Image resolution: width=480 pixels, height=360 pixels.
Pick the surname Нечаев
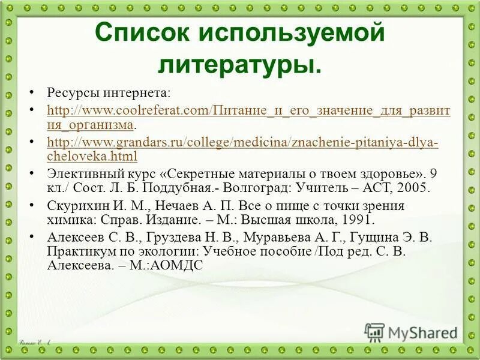[x=174, y=206]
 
